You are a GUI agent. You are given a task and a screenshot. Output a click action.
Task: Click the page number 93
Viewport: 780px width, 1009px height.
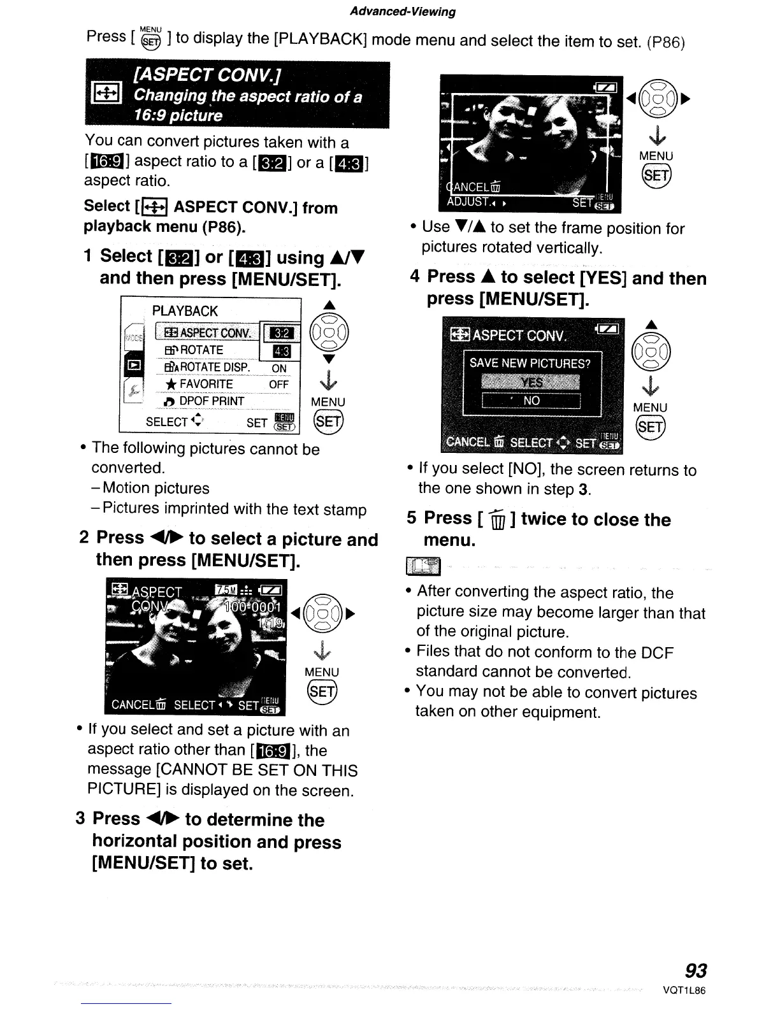(x=695, y=970)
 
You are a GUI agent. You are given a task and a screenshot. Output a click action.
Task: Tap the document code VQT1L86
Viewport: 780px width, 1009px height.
(x=684, y=991)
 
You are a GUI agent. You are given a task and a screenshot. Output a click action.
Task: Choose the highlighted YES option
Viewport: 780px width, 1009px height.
(x=531, y=382)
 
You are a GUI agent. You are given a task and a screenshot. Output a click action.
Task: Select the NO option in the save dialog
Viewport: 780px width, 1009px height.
(x=531, y=400)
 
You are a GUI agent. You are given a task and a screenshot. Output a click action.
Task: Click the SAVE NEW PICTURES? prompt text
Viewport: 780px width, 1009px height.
(x=530, y=363)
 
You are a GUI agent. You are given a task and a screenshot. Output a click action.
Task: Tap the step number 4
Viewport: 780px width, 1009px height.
(x=415, y=277)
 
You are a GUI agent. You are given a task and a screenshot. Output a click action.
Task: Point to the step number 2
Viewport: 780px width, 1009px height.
(x=84, y=537)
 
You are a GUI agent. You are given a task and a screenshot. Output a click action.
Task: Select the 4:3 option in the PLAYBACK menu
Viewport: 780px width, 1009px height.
(x=281, y=351)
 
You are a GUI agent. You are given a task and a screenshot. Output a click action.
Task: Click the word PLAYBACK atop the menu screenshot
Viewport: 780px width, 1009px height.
(x=185, y=311)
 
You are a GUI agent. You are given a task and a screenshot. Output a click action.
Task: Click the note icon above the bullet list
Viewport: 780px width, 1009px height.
(x=422, y=565)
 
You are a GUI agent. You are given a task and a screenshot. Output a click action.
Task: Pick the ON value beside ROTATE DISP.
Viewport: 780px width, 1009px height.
(x=279, y=368)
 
